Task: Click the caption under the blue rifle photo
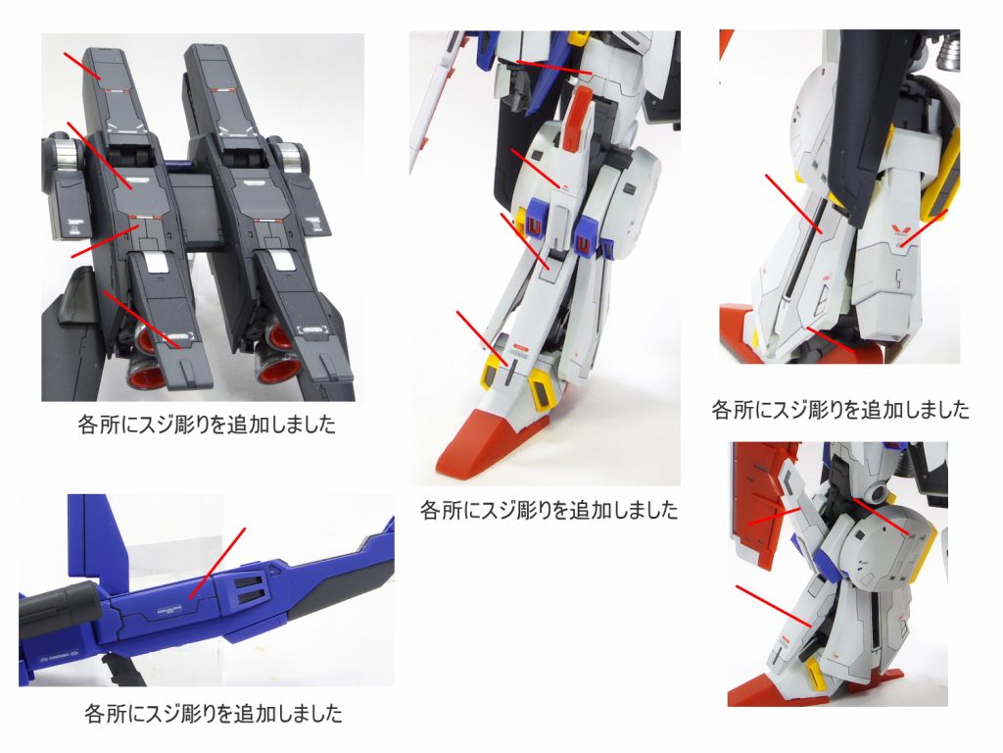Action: pyautogui.click(x=214, y=713)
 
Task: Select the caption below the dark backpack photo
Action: pyautogui.click(x=206, y=426)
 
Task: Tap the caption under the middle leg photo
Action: pyautogui.click(x=549, y=510)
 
